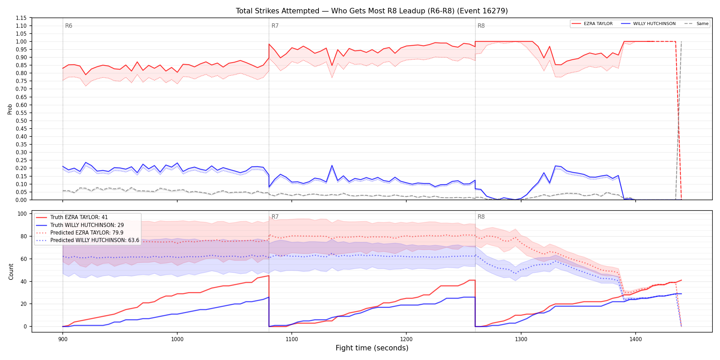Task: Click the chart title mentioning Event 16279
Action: coord(372,11)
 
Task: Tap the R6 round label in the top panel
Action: coord(69,26)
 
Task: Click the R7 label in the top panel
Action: coord(275,26)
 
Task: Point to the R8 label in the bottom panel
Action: coord(481,217)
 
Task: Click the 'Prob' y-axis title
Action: coord(10,109)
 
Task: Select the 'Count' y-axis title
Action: coord(11,272)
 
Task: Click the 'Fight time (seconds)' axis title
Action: coord(372,348)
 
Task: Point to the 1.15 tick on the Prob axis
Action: coord(21,18)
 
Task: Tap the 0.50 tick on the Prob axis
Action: coord(21,121)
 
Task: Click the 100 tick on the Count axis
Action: coord(22,214)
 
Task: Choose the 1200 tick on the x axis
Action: coord(406,339)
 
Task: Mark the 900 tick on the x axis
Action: coord(62,339)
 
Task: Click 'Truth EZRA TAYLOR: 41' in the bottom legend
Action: coord(79,217)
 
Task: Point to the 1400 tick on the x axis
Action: coord(636,339)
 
